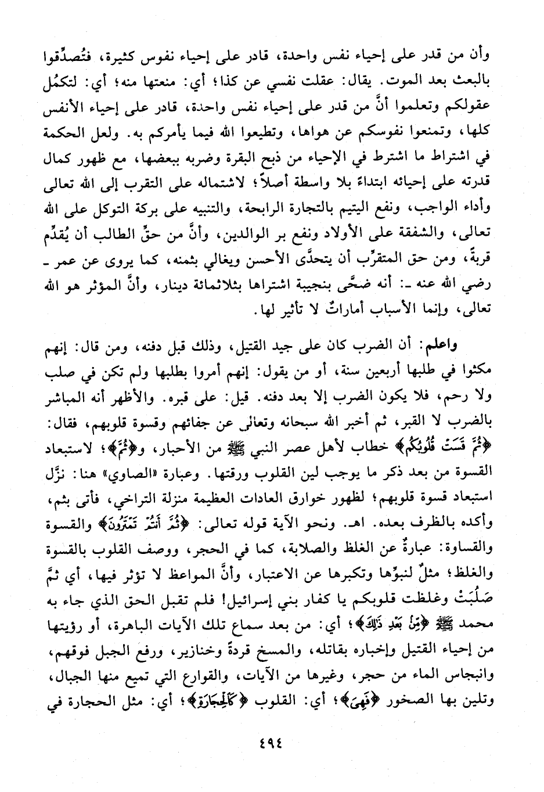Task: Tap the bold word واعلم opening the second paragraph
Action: click(473, 346)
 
